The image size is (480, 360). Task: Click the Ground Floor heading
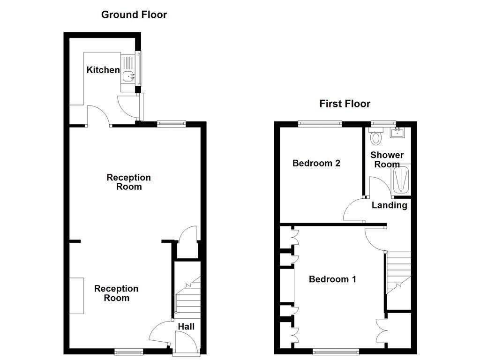(x=134, y=15)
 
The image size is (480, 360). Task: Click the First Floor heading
(x=345, y=104)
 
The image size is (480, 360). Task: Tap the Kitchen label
(x=103, y=70)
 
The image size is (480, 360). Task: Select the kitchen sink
(x=128, y=75)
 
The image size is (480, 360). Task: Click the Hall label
(x=186, y=327)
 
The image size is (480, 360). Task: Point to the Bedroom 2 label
(x=316, y=163)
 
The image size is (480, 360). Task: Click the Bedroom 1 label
(x=332, y=279)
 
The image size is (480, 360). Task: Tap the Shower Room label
(x=387, y=159)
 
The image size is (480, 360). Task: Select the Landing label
(x=389, y=205)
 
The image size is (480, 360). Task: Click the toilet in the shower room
(x=376, y=137)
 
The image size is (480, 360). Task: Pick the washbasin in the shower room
(x=398, y=132)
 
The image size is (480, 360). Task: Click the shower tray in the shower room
(x=401, y=180)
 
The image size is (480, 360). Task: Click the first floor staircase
(x=398, y=272)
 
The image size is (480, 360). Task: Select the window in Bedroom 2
(x=320, y=124)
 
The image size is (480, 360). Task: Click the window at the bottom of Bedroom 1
(x=336, y=352)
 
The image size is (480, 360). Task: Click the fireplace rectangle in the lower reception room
(x=76, y=295)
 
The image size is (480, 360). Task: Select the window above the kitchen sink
(x=139, y=68)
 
